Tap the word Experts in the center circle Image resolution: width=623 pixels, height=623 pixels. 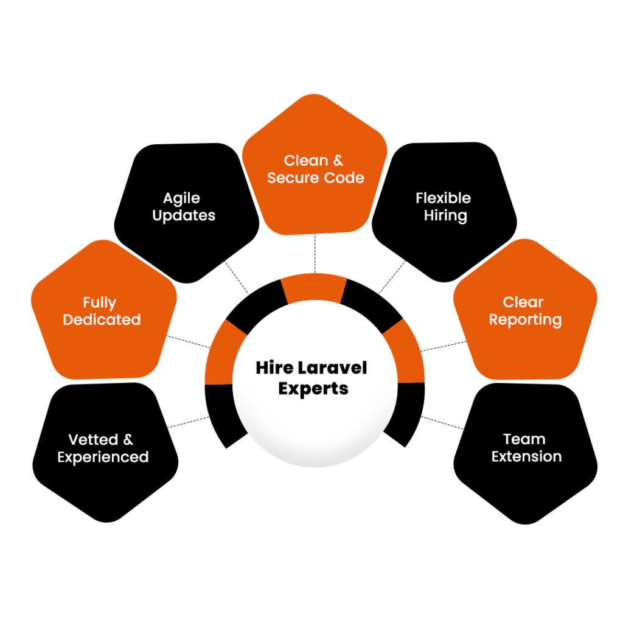[313, 388]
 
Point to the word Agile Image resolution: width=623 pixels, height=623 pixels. [181, 198]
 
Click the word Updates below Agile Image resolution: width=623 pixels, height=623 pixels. [184, 215]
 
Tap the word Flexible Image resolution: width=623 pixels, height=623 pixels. [443, 198]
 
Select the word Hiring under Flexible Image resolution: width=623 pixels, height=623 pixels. [445, 216]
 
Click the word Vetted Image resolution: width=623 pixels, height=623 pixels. [93, 439]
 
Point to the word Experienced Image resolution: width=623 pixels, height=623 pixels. [103, 457]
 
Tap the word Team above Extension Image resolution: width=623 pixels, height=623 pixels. [524, 439]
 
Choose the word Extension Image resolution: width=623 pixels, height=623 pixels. [526, 456]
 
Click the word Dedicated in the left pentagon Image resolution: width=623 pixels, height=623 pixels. [102, 320]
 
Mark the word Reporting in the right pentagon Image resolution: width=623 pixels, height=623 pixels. [525, 319]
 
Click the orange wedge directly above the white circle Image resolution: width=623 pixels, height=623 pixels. [314, 288]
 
